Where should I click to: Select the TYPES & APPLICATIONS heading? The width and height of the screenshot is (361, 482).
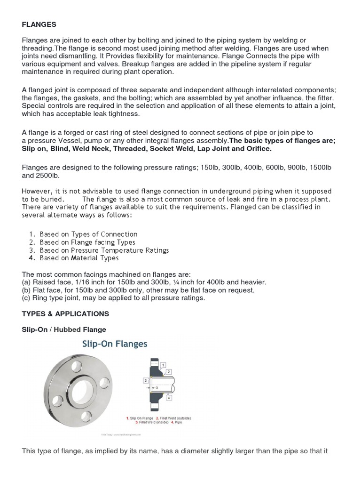(x=65, y=313)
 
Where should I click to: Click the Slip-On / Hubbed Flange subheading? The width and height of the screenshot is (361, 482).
(x=64, y=329)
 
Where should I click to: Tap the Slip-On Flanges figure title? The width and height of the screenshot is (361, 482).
(x=115, y=345)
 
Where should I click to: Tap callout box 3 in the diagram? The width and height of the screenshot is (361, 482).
(x=146, y=380)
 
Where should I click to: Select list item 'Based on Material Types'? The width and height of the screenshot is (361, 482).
(x=79, y=258)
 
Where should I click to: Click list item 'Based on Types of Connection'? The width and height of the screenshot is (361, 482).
(x=88, y=234)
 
